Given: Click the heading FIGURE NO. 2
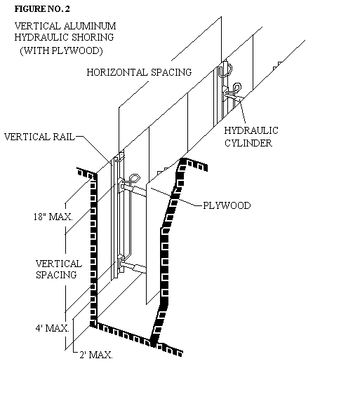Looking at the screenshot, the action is click(42, 9).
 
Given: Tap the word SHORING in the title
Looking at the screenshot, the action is click(93, 37).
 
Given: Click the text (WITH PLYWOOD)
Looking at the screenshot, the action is click(61, 50).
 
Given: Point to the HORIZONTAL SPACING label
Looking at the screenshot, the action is click(139, 72).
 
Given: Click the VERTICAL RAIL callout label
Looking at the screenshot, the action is click(39, 137).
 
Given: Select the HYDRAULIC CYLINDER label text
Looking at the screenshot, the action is click(251, 137).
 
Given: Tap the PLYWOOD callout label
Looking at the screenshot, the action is click(227, 205).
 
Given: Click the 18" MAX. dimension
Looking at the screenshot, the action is click(53, 217).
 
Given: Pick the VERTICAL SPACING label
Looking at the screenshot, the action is click(59, 269).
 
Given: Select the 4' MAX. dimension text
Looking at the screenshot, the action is click(52, 328).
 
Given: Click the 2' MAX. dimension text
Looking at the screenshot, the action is click(96, 355).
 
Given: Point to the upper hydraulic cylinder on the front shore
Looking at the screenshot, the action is click(133, 190).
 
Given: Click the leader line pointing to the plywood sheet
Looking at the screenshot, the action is click(176, 197).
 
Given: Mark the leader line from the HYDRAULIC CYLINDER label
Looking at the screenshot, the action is click(243, 113).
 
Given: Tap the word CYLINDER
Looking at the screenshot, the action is click(248, 143).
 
